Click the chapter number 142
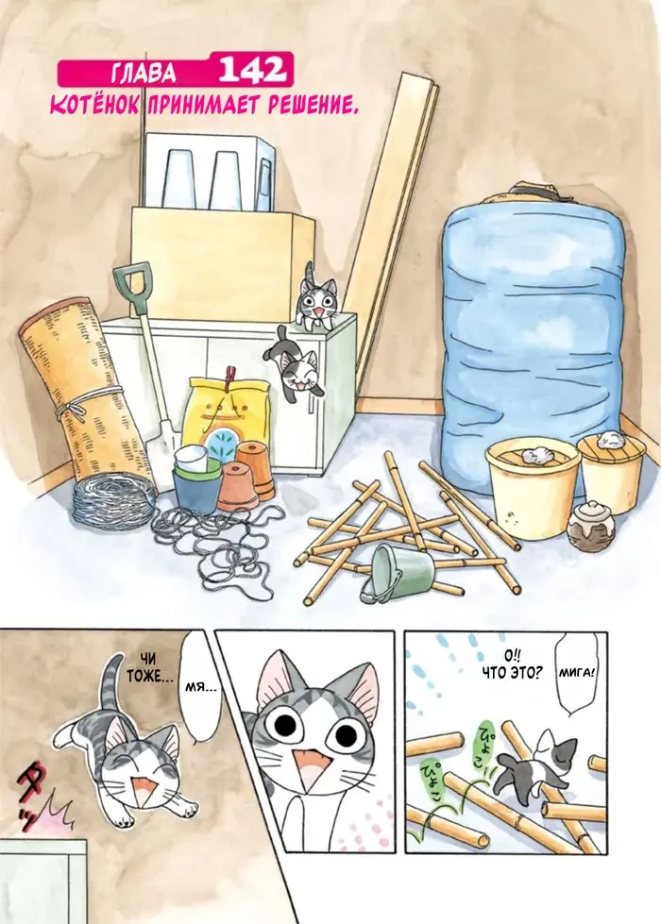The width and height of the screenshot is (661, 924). pyautogui.click(x=252, y=71)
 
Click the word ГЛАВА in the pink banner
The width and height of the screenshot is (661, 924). pyautogui.click(x=144, y=73)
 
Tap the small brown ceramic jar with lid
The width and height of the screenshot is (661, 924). pyautogui.click(x=590, y=527)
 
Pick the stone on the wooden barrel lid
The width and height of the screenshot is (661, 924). pyautogui.click(x=607, y=440)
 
